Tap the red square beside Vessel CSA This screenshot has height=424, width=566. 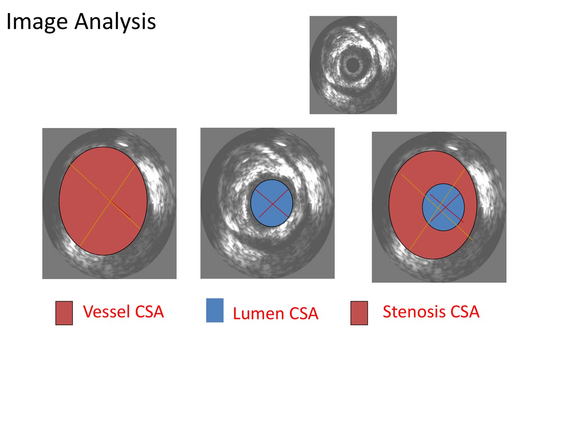64,313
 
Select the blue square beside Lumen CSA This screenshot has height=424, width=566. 215,310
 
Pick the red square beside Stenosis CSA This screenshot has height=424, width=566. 359,313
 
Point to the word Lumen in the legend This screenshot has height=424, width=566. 258,313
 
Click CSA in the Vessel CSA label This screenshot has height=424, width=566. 149,311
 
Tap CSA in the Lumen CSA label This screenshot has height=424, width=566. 304,313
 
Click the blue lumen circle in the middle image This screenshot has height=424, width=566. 272,203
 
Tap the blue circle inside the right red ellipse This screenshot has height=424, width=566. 443,207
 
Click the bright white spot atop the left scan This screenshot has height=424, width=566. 122,144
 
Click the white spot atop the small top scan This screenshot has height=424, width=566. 362,26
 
